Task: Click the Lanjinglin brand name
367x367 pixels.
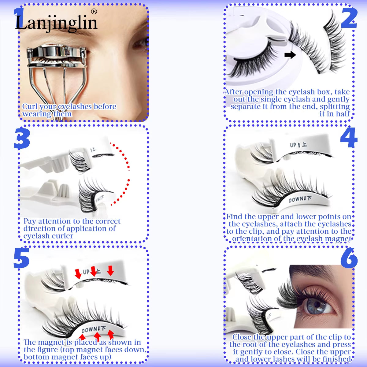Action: click(56, 23)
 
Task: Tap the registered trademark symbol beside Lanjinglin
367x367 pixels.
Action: click(94, 11)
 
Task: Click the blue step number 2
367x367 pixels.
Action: click(349, 18)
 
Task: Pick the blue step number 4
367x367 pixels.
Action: click(349, 138)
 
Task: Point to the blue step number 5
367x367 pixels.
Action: click(21, 258)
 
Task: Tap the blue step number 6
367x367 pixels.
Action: click(349, 258)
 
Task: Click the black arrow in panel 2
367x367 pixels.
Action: click(290, 55)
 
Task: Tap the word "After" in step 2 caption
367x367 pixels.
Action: click(233, 92)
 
